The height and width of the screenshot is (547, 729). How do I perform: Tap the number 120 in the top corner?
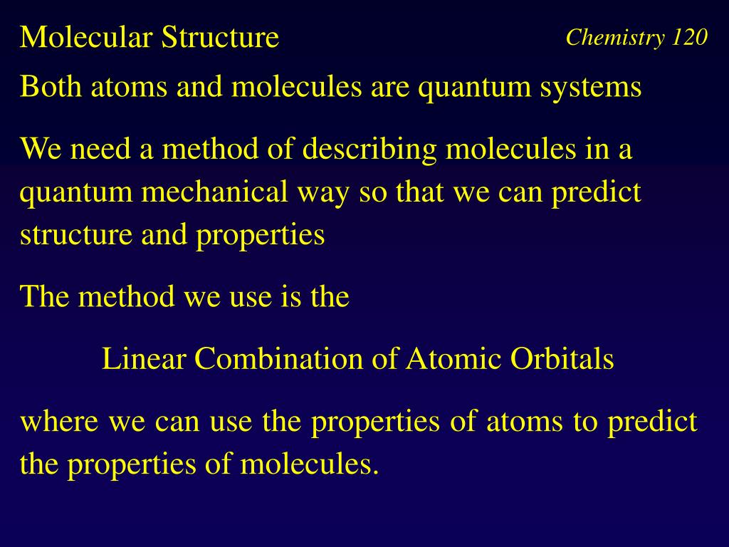(x=688, y=37)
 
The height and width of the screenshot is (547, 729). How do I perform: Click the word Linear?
(x=145, y=358)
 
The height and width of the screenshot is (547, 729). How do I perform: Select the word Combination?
(x=280, y=358)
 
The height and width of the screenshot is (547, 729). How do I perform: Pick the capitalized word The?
(x=45, y=296)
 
